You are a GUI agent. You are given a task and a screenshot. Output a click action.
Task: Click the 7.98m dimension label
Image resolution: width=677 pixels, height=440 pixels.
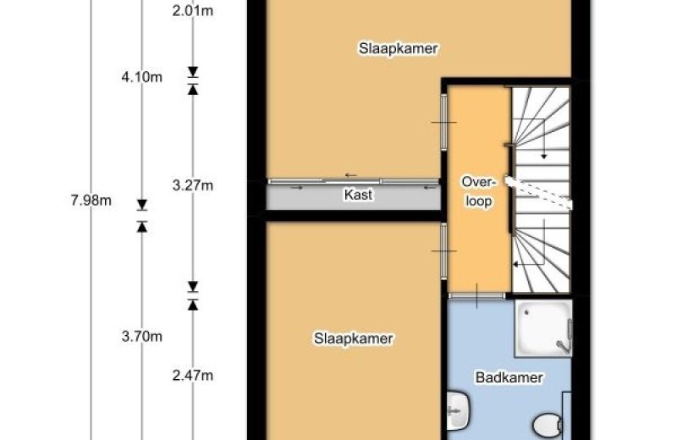(x=91, y=201)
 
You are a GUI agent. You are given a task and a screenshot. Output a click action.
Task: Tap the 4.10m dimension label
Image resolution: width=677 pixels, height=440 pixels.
(x=142, y=77)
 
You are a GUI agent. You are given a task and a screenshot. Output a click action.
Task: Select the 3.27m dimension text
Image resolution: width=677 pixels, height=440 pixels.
(x=193, y=185)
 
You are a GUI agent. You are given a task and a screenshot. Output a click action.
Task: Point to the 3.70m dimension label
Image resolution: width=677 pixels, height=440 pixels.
(x=142, y=336)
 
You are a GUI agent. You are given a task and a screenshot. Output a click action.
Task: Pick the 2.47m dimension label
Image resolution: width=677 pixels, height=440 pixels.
(x=193, y=376)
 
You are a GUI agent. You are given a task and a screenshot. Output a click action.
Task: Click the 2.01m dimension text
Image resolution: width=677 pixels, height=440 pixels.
(x=193, y=10)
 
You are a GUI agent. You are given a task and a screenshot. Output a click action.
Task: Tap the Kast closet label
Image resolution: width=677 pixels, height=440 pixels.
(x=358, y=195)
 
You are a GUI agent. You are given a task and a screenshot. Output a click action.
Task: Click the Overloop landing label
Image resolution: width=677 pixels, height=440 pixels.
(x=478, y=191)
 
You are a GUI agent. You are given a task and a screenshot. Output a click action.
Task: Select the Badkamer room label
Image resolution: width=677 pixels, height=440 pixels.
(x=509, y=377)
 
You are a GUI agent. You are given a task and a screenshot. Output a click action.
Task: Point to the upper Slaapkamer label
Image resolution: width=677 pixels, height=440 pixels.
(x=398, y=48)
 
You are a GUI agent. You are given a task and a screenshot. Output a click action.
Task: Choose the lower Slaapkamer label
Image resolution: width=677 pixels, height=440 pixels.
(x=353, y=338)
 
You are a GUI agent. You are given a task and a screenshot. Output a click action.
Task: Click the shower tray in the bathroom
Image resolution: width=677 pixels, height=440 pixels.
(x=543, y=327)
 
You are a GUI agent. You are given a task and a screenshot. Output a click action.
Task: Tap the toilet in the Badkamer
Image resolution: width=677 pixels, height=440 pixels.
(x=548, y=425)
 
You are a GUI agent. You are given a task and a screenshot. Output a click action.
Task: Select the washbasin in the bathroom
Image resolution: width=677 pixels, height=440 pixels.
(x=457, y=410)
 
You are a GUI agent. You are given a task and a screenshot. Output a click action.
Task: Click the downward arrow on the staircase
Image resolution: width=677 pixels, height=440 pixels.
(x=543, y=139)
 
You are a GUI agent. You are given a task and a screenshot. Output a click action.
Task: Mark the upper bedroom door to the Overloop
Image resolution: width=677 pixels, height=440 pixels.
(x=443, y=122)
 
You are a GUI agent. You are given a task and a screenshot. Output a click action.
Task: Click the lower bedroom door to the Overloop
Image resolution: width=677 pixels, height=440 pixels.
(x=443, y=250)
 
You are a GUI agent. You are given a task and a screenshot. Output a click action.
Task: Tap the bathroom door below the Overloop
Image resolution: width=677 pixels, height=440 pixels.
(x=476, y=296)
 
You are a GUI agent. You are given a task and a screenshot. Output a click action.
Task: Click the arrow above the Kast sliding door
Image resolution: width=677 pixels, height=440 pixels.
(x=350, y=175)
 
